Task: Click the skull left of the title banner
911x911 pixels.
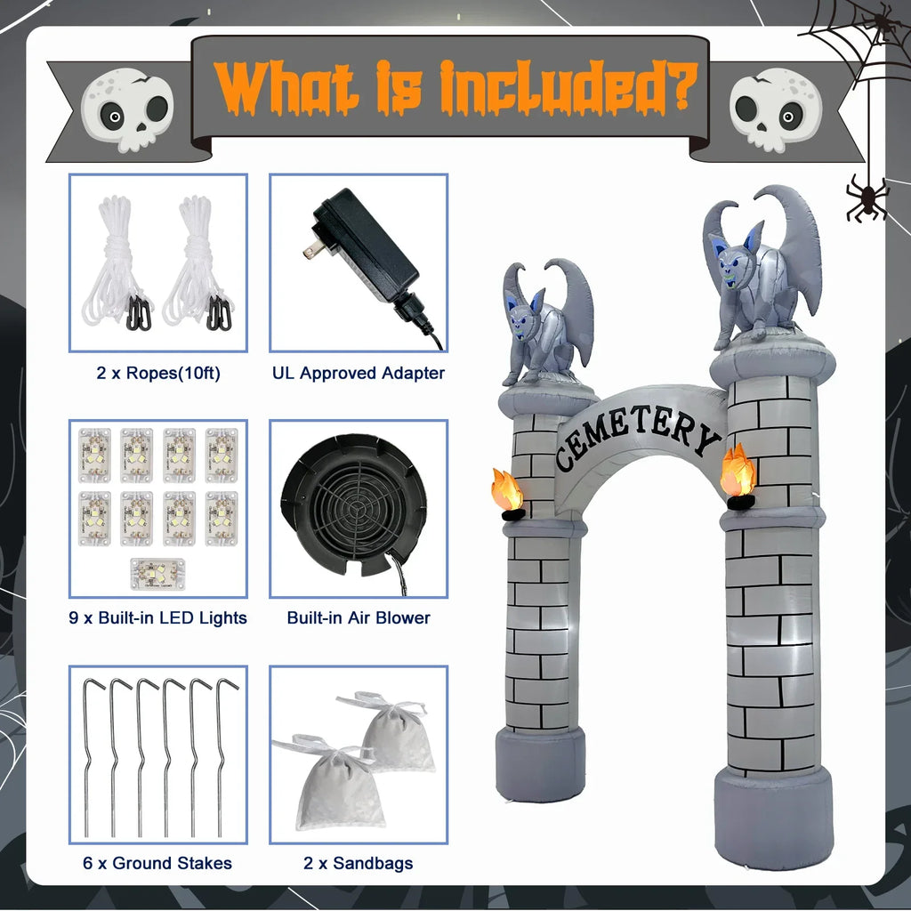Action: click(127, 111)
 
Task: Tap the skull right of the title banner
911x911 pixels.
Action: click(776, 111)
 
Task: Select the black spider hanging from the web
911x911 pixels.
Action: click(866, 198)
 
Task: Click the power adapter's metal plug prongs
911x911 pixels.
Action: click(310, 250)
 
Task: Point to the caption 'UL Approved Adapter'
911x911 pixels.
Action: click(359, 373)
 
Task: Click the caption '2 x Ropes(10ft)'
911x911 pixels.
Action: click(158, 373)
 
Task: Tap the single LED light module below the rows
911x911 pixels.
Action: click(157, 574)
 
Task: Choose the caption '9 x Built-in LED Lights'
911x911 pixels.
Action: click(157, 617)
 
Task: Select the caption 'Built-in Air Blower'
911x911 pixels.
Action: click(359, 617)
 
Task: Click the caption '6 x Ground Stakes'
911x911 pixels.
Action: click(157, 863)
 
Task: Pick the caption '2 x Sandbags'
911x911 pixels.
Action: click(359, 863)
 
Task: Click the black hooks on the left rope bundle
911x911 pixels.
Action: click(140, 313)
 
